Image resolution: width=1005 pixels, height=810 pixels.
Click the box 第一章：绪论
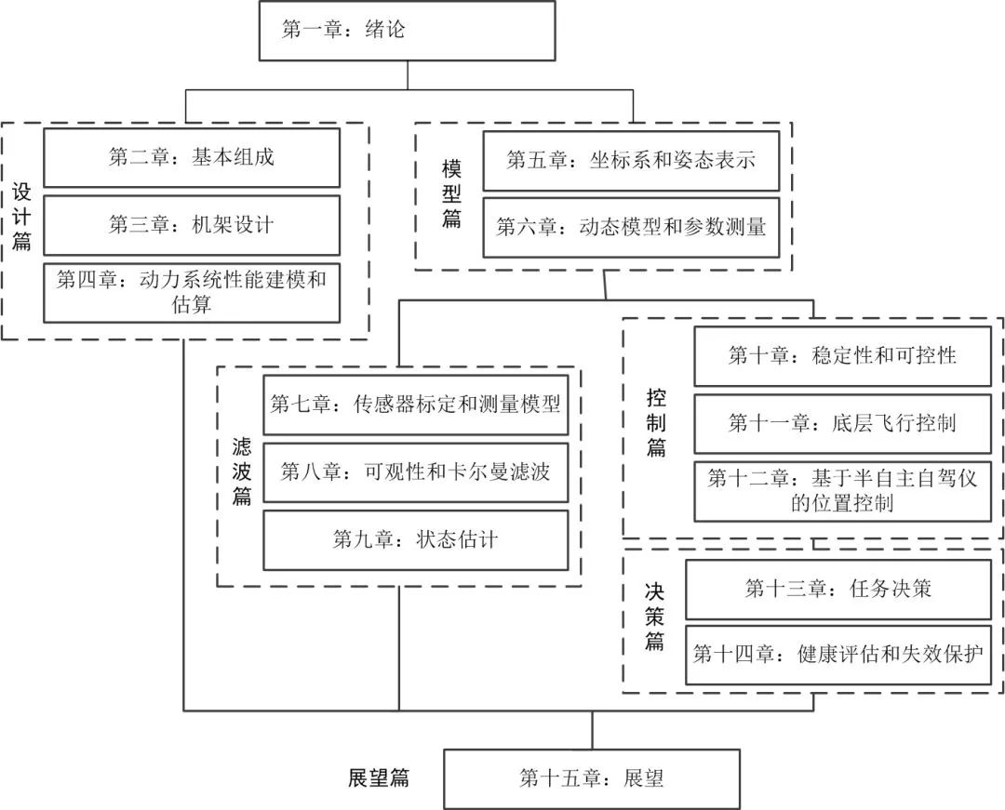[407, 31]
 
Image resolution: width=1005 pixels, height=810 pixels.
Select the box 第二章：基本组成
[192, 157]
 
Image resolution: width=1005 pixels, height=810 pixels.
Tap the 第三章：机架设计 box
[192, 224]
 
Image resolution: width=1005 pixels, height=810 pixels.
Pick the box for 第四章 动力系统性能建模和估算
[192, 292]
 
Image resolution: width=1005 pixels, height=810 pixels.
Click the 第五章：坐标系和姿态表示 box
[631, 160]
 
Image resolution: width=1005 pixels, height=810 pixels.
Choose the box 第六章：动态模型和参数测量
[631, 226]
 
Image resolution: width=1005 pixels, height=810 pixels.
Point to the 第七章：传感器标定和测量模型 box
[415, 405]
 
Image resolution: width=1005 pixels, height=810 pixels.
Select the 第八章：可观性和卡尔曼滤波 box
[415, 471]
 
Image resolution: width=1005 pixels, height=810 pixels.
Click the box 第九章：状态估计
[415, 539]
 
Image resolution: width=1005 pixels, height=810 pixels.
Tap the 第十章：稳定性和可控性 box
[842, 355]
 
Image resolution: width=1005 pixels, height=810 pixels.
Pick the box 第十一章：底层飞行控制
[842, 423]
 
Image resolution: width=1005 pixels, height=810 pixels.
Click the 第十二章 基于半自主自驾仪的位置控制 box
[842, 491]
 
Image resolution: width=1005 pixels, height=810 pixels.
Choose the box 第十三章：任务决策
[837, 589]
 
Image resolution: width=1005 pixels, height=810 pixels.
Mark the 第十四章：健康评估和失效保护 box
[837, 655]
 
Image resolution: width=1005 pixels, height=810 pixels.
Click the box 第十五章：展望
[592, 778]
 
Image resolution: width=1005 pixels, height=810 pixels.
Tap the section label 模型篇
[452, 194]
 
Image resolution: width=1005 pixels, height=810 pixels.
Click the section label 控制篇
[657, 423]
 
